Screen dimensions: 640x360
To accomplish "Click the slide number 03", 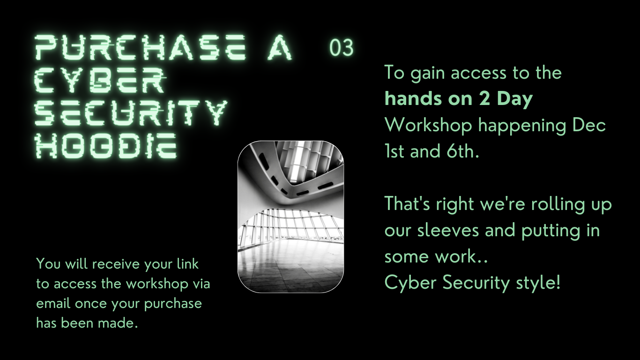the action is [342, 47].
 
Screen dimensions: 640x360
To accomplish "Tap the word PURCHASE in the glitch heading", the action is [140, 47].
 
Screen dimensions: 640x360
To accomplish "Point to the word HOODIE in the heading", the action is [106, 146].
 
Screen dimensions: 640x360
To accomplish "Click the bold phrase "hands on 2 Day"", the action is [459, 99].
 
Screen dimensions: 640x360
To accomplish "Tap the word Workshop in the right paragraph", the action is [428, 125].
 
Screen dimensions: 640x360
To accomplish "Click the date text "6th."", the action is [463, 151].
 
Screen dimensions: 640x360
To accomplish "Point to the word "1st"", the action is [394, 151].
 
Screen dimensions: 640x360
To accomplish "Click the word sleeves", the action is [448, 230].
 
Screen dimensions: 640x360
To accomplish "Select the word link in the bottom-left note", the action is [188, 264].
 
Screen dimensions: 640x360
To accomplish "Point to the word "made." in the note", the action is [118, 323].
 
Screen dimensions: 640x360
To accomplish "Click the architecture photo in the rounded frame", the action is [291, 217].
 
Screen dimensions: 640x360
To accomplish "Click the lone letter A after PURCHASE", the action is [279, 47].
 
